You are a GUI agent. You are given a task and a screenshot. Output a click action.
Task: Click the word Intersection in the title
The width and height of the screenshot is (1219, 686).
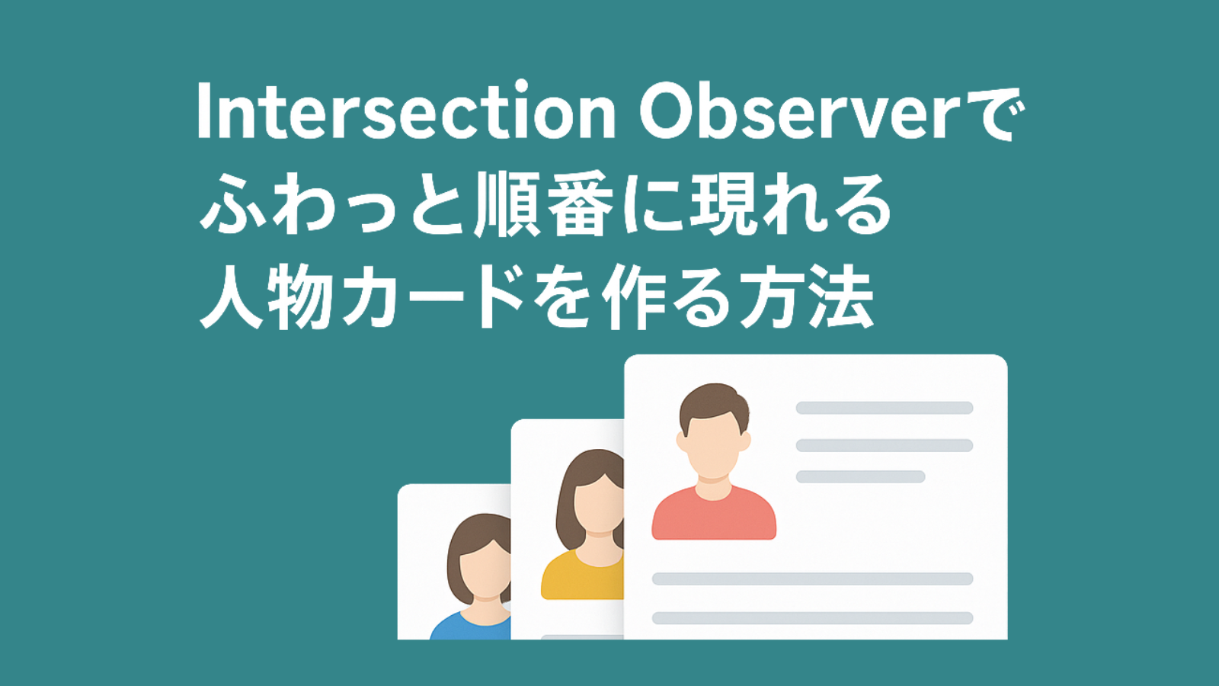406,111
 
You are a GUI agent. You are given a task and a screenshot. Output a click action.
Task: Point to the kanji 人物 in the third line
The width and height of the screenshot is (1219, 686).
267,297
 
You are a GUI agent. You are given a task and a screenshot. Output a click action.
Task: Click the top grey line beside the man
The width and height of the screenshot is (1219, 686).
885,408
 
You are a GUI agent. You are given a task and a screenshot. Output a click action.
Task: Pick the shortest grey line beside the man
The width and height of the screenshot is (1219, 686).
860,477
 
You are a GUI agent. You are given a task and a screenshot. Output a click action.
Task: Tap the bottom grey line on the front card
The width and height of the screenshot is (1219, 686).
812,618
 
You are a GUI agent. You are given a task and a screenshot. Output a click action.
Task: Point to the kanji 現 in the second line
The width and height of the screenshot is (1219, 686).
721,205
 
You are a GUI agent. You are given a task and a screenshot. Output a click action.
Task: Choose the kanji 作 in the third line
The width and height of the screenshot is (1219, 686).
633,297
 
